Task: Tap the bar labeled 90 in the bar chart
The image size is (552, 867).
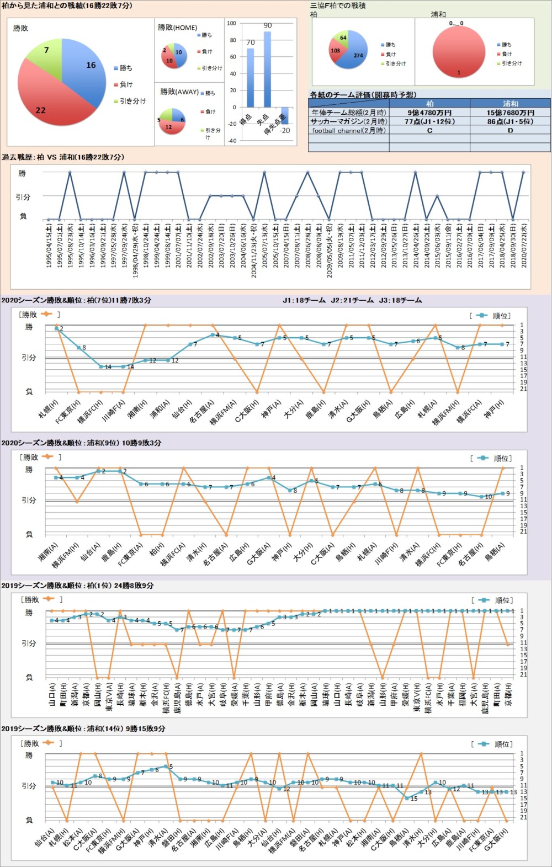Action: pos(267,69)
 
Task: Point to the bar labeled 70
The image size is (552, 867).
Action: pos(250,77)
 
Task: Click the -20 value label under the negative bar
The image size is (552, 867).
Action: pos(285,131)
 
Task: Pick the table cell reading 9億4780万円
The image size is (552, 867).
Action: pos(429,113)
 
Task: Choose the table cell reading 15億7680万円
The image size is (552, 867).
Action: pos(510,113)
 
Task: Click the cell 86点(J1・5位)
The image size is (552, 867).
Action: pos(510,121)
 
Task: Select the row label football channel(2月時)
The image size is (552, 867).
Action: pos(348,131)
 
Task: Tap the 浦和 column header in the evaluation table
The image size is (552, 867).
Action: pos(510,104)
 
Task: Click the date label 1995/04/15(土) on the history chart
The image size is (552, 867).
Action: pos(49,246)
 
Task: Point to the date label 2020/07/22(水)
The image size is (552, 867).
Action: pos(524,246)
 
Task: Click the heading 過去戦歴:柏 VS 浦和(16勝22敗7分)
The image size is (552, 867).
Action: pos(63,157)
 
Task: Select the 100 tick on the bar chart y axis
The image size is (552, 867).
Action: pos(231,23)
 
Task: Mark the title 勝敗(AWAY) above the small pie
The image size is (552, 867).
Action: pos(179,92)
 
